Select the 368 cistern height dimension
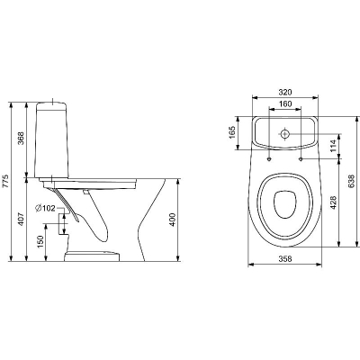(21, 139)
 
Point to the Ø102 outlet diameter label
(45, 208)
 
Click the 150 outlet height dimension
(40, 242)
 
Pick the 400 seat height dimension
(173, 220)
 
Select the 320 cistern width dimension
(285, 92)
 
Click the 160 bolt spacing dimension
(285, 103)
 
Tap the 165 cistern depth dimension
(232, 132)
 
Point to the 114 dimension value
(334, 146)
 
